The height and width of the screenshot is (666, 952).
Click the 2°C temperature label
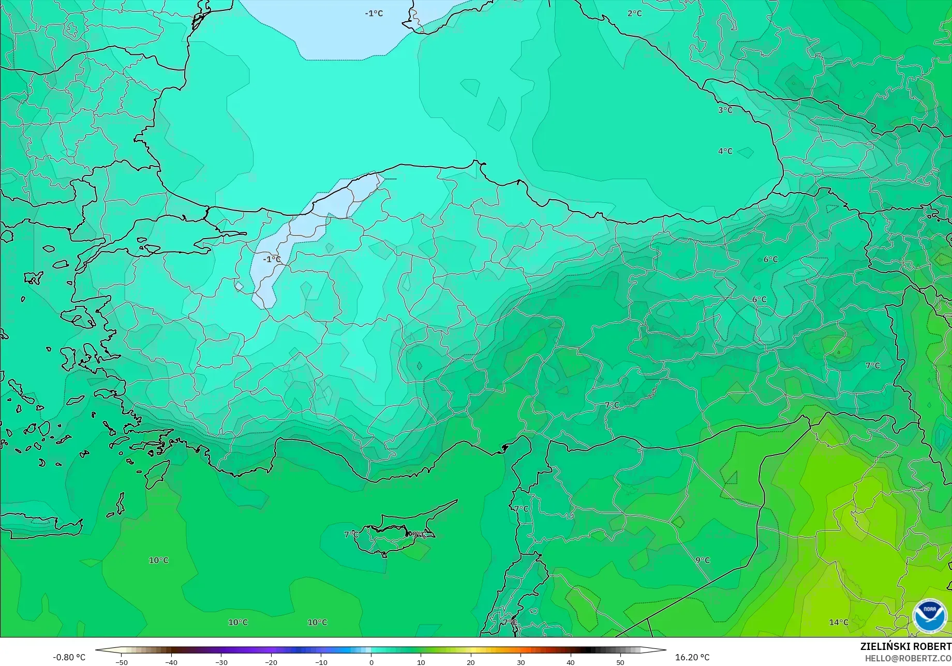(x=634, y=13)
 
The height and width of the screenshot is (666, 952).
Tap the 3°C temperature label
(x=725, y=110)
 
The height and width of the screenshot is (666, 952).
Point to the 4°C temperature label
(x=725, y=151)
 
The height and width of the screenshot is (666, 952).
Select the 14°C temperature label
(x=838, y=623)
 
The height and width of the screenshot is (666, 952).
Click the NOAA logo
(x=929, y=615)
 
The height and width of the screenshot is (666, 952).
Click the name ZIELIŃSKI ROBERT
(x=905, y=646)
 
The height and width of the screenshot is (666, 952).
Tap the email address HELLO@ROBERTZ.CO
(x=908, y=658)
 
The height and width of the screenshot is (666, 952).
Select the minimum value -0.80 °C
(x=69, y=657)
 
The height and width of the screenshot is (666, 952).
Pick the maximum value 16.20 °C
(x=692, y=657)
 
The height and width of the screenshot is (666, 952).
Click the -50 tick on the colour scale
(x=122, y=662)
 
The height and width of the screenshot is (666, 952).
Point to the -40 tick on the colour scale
(x=171, y=662)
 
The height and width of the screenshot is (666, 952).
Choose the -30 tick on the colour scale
(x=221, y=662)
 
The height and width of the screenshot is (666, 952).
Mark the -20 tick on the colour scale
(x=271, y=662)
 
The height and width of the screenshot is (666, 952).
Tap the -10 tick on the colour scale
(x=321, y=662)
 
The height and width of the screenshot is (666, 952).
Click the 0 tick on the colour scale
(x=371, y=662)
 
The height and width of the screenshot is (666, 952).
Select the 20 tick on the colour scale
(x=471, y=662)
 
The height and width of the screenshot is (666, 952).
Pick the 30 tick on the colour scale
(x=520, y=662)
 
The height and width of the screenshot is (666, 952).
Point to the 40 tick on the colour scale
(x=571, y=662)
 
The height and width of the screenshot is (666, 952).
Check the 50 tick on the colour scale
(x=620, y=662)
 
